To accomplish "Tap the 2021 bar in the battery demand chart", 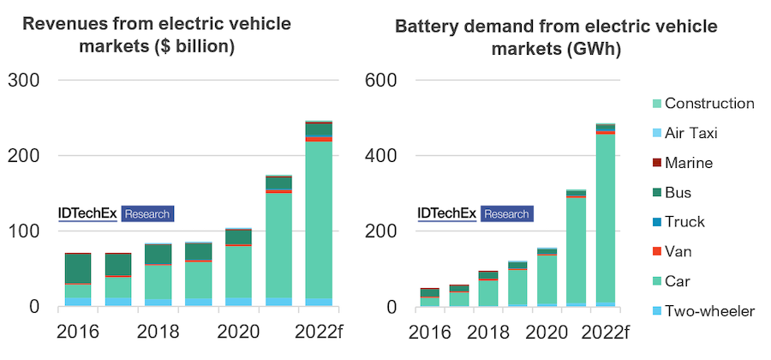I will click(x=576, y=248).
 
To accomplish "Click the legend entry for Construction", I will click(x=709, y=104).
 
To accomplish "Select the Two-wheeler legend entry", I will click(x=710, y=311).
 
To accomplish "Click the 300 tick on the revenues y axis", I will click(x=23, y=81).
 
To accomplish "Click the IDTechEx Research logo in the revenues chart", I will click(x=116, y=213).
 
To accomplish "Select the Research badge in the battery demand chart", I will click(x=506, y=213).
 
